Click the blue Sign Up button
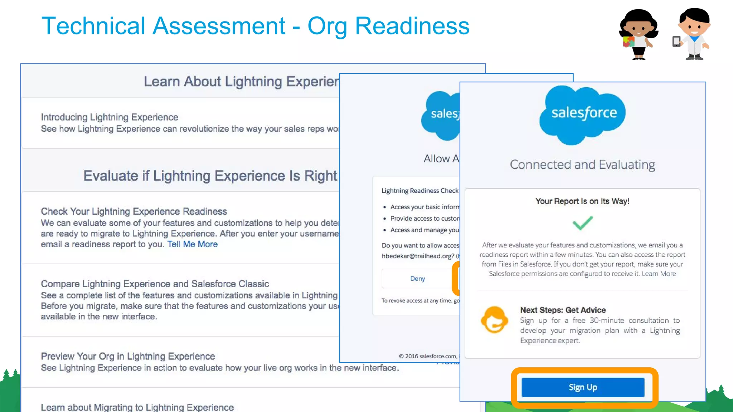tap(583, 387)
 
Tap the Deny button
tap(417, 279)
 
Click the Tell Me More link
tap(192, 244)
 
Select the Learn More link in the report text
tap(659, 274)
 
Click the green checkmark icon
tap(582, 223)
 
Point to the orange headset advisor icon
tap(494, 320)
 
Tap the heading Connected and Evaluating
tap(582, 165)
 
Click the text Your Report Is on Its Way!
tap(582, 201)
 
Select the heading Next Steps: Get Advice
tap(563, 310)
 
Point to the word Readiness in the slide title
tap(412, 26)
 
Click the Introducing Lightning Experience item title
tap(110, 117)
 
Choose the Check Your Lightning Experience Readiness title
tap(134, 211)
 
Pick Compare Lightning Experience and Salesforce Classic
tap(155, 284)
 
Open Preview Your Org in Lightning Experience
tap(128, 357)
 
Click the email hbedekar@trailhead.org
tap(417, 256)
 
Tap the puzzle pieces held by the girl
tap(628, 41)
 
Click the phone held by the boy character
tap(676, 41)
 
